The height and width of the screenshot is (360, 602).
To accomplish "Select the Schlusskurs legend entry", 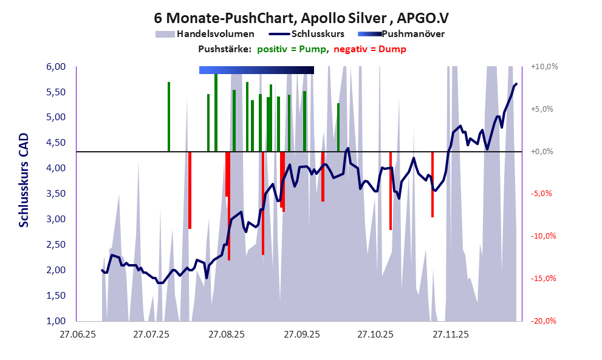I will pos(318,34).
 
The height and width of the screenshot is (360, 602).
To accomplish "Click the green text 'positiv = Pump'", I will pos(291,49).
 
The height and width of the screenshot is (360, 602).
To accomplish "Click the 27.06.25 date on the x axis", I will pos(76,335).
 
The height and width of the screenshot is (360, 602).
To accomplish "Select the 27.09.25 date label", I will pos(301,335).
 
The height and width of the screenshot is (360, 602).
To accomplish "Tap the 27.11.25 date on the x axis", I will pos(450,335).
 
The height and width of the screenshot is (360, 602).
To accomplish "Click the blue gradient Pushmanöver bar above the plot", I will pos(256,70).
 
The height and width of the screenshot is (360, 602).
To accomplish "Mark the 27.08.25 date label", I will pos(226,335).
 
